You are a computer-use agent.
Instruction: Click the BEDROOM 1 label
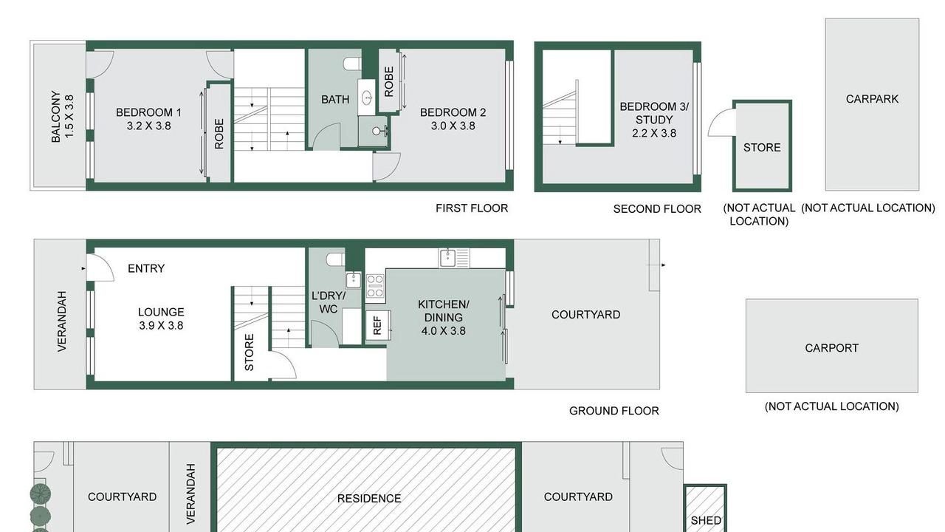[148, 112]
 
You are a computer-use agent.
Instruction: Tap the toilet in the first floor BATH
[352, 64]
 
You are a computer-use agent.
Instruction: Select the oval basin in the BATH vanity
[367, 98]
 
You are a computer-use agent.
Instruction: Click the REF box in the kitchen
[377, 325]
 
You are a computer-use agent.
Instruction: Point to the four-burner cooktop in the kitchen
[375, 286]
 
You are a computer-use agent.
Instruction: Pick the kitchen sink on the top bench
[447, 258]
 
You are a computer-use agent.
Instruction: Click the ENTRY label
[146, 268]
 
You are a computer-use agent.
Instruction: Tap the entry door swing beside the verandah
[100, 267]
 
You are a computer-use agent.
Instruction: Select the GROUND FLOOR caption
[614, 411]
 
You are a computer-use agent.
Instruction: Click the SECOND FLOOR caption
[657, 209]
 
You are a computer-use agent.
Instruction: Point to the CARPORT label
[831, 348]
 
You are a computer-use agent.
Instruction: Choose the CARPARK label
[872, 99]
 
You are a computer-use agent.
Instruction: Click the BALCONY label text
[55, 117]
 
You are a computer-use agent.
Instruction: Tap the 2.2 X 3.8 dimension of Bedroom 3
[654, 133]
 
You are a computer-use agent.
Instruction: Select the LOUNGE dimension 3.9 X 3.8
[161, 326]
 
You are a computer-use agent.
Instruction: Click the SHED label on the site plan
[706, 521]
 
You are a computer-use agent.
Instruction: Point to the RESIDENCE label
[369, 499]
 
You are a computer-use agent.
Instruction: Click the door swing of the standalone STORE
[722, 123]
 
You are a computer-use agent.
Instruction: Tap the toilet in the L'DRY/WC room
[336, 259]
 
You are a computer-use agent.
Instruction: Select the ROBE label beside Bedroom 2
[388, 81]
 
